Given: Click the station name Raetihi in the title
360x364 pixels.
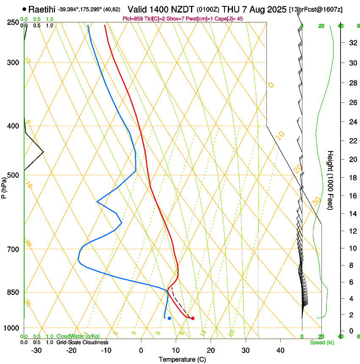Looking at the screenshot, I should tap(42, 9).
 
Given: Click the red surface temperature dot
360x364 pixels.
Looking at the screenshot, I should tap(193, 318).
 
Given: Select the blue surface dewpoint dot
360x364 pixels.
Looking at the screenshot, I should tap(169, 318).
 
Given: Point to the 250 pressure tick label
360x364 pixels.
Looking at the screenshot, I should tap(13, 22).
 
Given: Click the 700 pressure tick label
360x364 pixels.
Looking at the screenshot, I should tap(13, 249).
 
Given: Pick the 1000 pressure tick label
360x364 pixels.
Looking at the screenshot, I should tap(11, 328).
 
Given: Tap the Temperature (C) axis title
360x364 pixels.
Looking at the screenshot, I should tap(182, 359).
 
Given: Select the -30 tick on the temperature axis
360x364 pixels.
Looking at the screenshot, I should tap(36, 350).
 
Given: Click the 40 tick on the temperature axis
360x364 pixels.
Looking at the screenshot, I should tap(280, 350).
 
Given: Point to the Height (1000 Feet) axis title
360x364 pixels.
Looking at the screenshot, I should tap(331, 180).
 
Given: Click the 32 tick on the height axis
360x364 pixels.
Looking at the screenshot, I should tap(340, 43).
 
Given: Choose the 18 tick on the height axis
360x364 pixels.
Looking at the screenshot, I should tap(340, 177).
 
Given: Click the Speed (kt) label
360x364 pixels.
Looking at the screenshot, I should tap(321, 342).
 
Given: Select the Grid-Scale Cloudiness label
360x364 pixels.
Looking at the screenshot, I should tap(82, 342).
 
